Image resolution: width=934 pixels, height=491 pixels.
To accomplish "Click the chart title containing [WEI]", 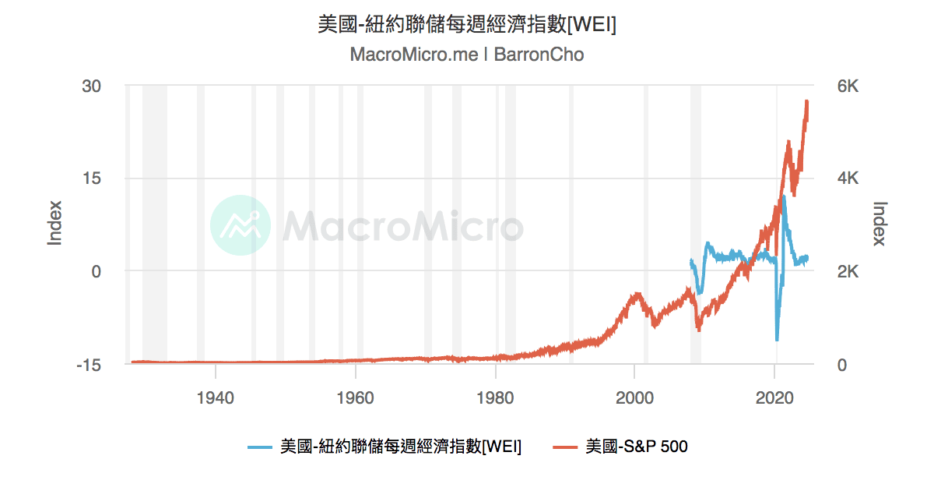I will [x=467, y=25].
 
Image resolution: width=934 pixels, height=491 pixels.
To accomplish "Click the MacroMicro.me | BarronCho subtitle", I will [x=467, y=55].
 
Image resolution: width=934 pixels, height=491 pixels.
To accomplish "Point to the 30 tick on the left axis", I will [x=92, y=86].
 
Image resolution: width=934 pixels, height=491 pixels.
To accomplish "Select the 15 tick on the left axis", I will [x=92, y=178].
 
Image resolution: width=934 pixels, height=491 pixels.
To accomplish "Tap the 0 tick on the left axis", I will [x=97, y=271].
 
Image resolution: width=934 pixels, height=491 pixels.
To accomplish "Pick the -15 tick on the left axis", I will [x=89, y=364].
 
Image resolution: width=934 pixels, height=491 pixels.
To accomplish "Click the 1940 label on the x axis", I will [x=216, y=397].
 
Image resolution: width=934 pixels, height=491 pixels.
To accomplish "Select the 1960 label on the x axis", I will [x=356, y=397].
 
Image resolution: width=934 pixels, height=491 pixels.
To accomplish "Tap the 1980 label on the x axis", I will [x=496, y=397].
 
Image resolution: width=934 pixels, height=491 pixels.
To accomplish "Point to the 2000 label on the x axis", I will [x=635, y=397].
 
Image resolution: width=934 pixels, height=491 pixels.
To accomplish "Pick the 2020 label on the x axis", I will [x=775, y=397].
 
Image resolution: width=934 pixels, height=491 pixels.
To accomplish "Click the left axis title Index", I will [x=54, y=223].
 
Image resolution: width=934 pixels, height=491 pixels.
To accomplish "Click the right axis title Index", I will [x=880, y=223].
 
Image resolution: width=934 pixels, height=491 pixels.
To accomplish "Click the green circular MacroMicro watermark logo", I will [x=241, y=225].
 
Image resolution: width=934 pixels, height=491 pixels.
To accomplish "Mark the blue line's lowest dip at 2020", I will [x=777, y=340].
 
